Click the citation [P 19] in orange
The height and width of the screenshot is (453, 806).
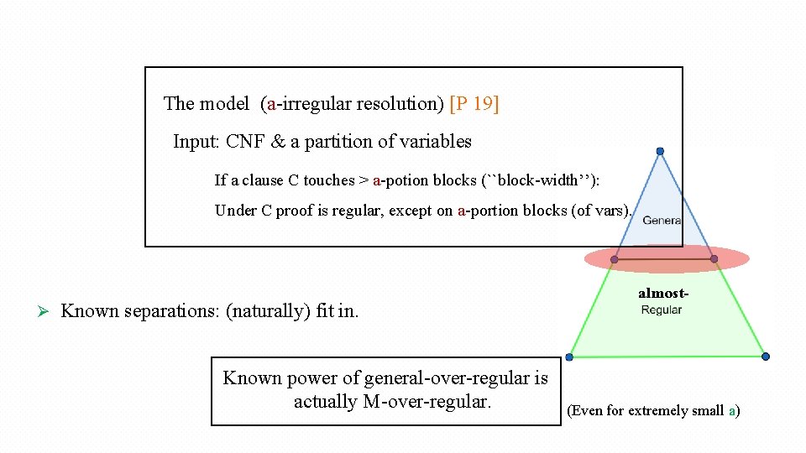474,104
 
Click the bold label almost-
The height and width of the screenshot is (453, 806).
663,294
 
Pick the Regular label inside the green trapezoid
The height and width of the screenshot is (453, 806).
662,310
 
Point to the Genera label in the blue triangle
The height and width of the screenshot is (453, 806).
662,220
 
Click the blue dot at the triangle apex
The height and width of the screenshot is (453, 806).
660,151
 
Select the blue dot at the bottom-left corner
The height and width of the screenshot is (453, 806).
570,357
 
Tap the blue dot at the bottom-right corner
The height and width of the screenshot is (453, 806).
766,357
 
